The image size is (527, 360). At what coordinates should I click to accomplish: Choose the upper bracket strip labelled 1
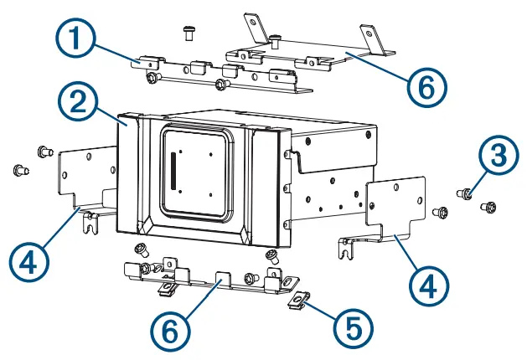(218, 73)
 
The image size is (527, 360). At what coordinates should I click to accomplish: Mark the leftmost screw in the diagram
(18, 170)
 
